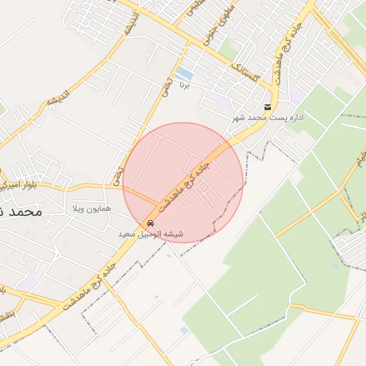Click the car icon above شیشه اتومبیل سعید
click(149, 224)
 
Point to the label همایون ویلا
click(91, 209)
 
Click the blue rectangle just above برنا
click(184, 74)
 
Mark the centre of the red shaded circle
click(183, 183)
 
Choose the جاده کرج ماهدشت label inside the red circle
click(183, 184)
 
